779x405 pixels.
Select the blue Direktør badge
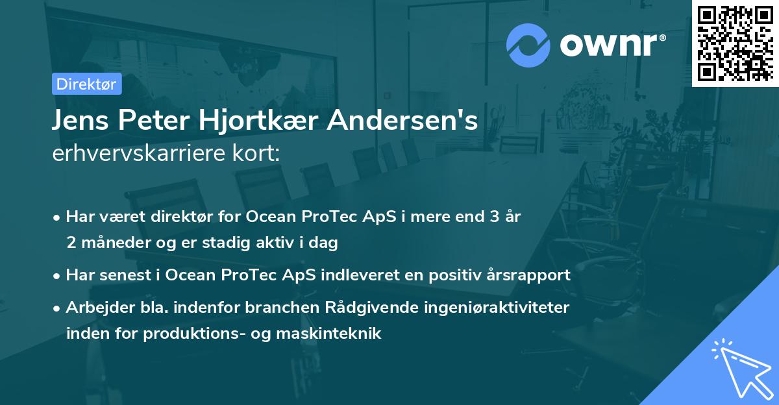[x=86, y=84]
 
